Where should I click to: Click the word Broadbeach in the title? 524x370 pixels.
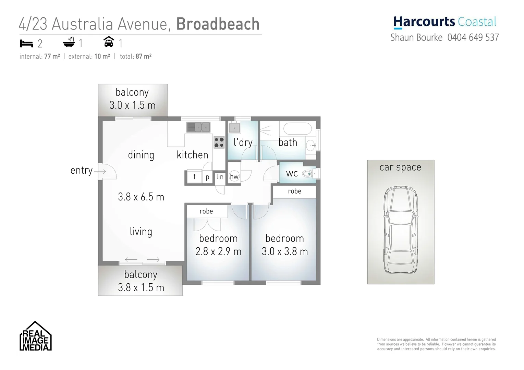pos(218,24)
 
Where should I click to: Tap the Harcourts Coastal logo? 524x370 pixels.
pos(444,22)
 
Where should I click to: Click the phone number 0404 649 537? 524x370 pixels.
pos(473,37)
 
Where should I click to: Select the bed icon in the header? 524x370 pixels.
pos(26,44)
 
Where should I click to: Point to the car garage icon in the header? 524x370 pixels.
pos(109,42)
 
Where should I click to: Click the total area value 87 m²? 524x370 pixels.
pos(143,57)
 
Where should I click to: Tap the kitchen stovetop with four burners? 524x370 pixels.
pos(219,142)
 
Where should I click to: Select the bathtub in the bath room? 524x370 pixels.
pos(297,129)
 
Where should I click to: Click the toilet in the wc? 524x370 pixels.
pos(307,174)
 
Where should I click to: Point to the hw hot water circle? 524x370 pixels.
pos(234,176)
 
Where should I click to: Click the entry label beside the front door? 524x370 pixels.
pos(82,170)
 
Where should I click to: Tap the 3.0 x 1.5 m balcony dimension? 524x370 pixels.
pos(132,105)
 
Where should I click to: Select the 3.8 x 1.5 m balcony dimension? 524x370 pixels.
pos(141,287)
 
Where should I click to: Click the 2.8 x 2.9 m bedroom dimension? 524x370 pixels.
pos(218,251)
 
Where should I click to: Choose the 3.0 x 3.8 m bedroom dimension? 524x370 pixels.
pos(284,251)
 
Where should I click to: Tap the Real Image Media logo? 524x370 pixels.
pos(35,336)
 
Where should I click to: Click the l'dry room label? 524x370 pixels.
pos(243,142)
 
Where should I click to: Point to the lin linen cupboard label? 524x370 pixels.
pos(220,177)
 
